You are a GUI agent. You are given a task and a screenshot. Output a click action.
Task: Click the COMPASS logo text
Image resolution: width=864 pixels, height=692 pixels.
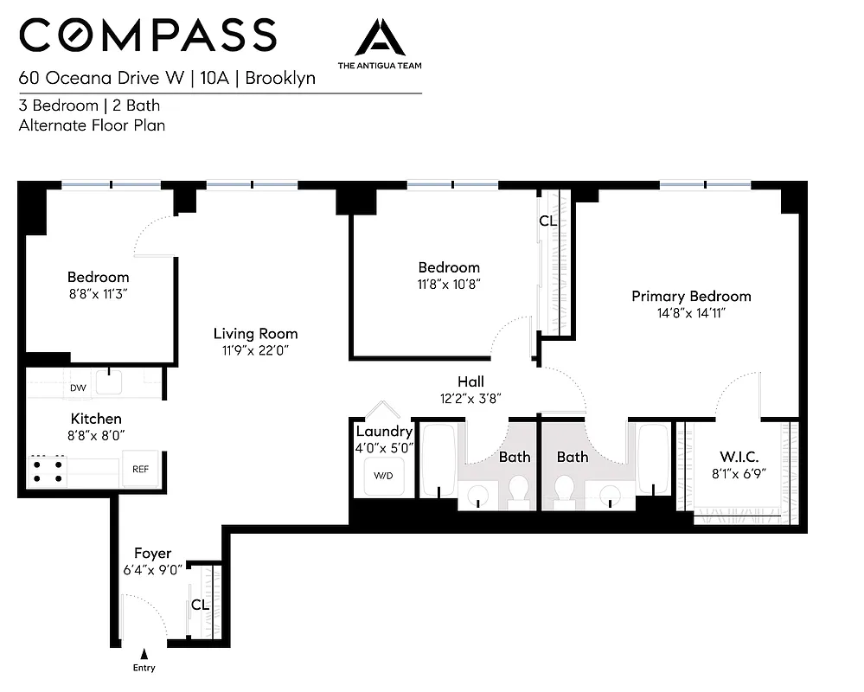click(148, 35)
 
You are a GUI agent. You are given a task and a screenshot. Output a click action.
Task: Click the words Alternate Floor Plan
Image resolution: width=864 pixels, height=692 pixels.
click(92, 125)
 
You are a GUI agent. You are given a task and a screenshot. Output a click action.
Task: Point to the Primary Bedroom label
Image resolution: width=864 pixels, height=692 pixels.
click(691, 296)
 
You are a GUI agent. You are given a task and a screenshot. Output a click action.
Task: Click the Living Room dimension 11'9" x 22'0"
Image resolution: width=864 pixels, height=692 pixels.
click(255, 349)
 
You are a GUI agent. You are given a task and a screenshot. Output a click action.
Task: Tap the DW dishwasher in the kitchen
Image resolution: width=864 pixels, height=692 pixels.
click(78, 388)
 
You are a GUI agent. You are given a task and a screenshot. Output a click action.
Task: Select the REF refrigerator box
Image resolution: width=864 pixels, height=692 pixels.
click(140, 470)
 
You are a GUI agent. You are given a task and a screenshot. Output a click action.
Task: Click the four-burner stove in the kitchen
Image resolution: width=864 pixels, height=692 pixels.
click(48, 470)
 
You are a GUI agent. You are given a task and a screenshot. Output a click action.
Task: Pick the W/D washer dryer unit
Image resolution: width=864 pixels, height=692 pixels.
click(382, 476)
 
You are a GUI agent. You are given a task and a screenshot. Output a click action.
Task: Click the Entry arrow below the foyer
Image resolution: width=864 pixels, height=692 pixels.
click(144, 655)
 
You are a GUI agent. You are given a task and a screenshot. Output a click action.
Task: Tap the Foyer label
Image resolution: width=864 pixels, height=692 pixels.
click(152, 554)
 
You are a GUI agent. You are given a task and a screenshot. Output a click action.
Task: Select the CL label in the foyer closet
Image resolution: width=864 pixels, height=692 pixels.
click(200, 605)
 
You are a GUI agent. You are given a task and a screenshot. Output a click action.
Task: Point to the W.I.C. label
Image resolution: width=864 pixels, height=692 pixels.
click(739, 457)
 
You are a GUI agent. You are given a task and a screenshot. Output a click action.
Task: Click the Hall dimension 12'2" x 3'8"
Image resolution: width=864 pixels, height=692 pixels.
click(470, 398)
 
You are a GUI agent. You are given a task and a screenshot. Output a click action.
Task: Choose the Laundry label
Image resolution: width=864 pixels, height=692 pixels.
click(384, 432)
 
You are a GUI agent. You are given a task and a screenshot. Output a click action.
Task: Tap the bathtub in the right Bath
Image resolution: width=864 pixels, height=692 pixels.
click(653, 458)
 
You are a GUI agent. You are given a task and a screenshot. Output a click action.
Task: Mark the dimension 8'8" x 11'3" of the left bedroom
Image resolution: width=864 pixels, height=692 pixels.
click(99, 293)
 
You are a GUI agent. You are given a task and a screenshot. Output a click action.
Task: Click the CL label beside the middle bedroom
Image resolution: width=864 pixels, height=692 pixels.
click(547, 221)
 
